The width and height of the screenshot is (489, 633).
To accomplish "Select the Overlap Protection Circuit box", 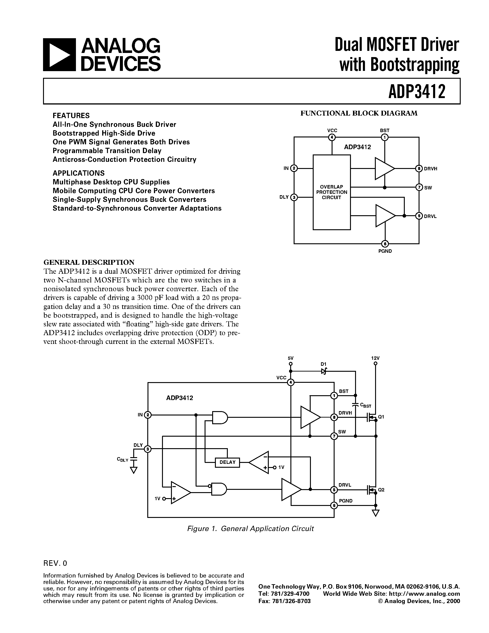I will point(331,192).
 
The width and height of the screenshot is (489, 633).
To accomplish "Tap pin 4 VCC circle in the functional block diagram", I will point(332,137).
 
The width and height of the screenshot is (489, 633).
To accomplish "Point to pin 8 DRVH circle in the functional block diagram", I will point(419,168).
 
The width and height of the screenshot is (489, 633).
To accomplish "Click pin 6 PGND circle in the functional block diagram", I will point(385,244).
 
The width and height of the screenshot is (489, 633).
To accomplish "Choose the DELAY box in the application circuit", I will point(227,462).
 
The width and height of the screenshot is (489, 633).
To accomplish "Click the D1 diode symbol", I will point(324,371).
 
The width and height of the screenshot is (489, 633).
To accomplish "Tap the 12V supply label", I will point(375,358).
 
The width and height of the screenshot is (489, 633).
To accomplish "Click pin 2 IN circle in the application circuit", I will point(148,415).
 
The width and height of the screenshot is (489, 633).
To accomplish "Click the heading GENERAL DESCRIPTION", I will point(89,262).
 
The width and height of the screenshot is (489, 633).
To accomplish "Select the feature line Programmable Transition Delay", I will point(107,151).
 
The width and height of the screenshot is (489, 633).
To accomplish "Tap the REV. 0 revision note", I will point(55,563).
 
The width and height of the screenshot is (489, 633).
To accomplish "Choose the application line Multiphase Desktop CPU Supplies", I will point(111,182).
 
